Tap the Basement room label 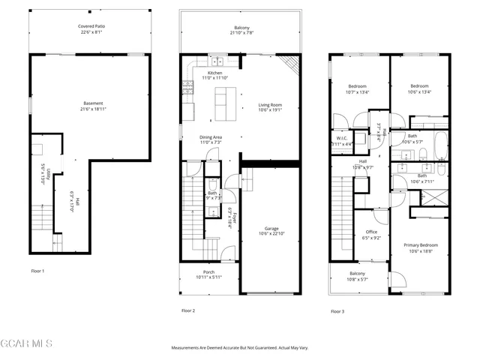point(93,103)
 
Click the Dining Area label point(211,137)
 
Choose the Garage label point(271,229)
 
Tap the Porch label point(209,272)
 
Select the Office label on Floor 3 point(370,232)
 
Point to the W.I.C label point(341,139)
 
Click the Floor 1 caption point(37,270)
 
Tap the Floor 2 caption point(187,310)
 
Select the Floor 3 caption point(337,310)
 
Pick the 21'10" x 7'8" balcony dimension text point(241,34)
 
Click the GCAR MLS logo point(27,343)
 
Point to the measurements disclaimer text point(240,348)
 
